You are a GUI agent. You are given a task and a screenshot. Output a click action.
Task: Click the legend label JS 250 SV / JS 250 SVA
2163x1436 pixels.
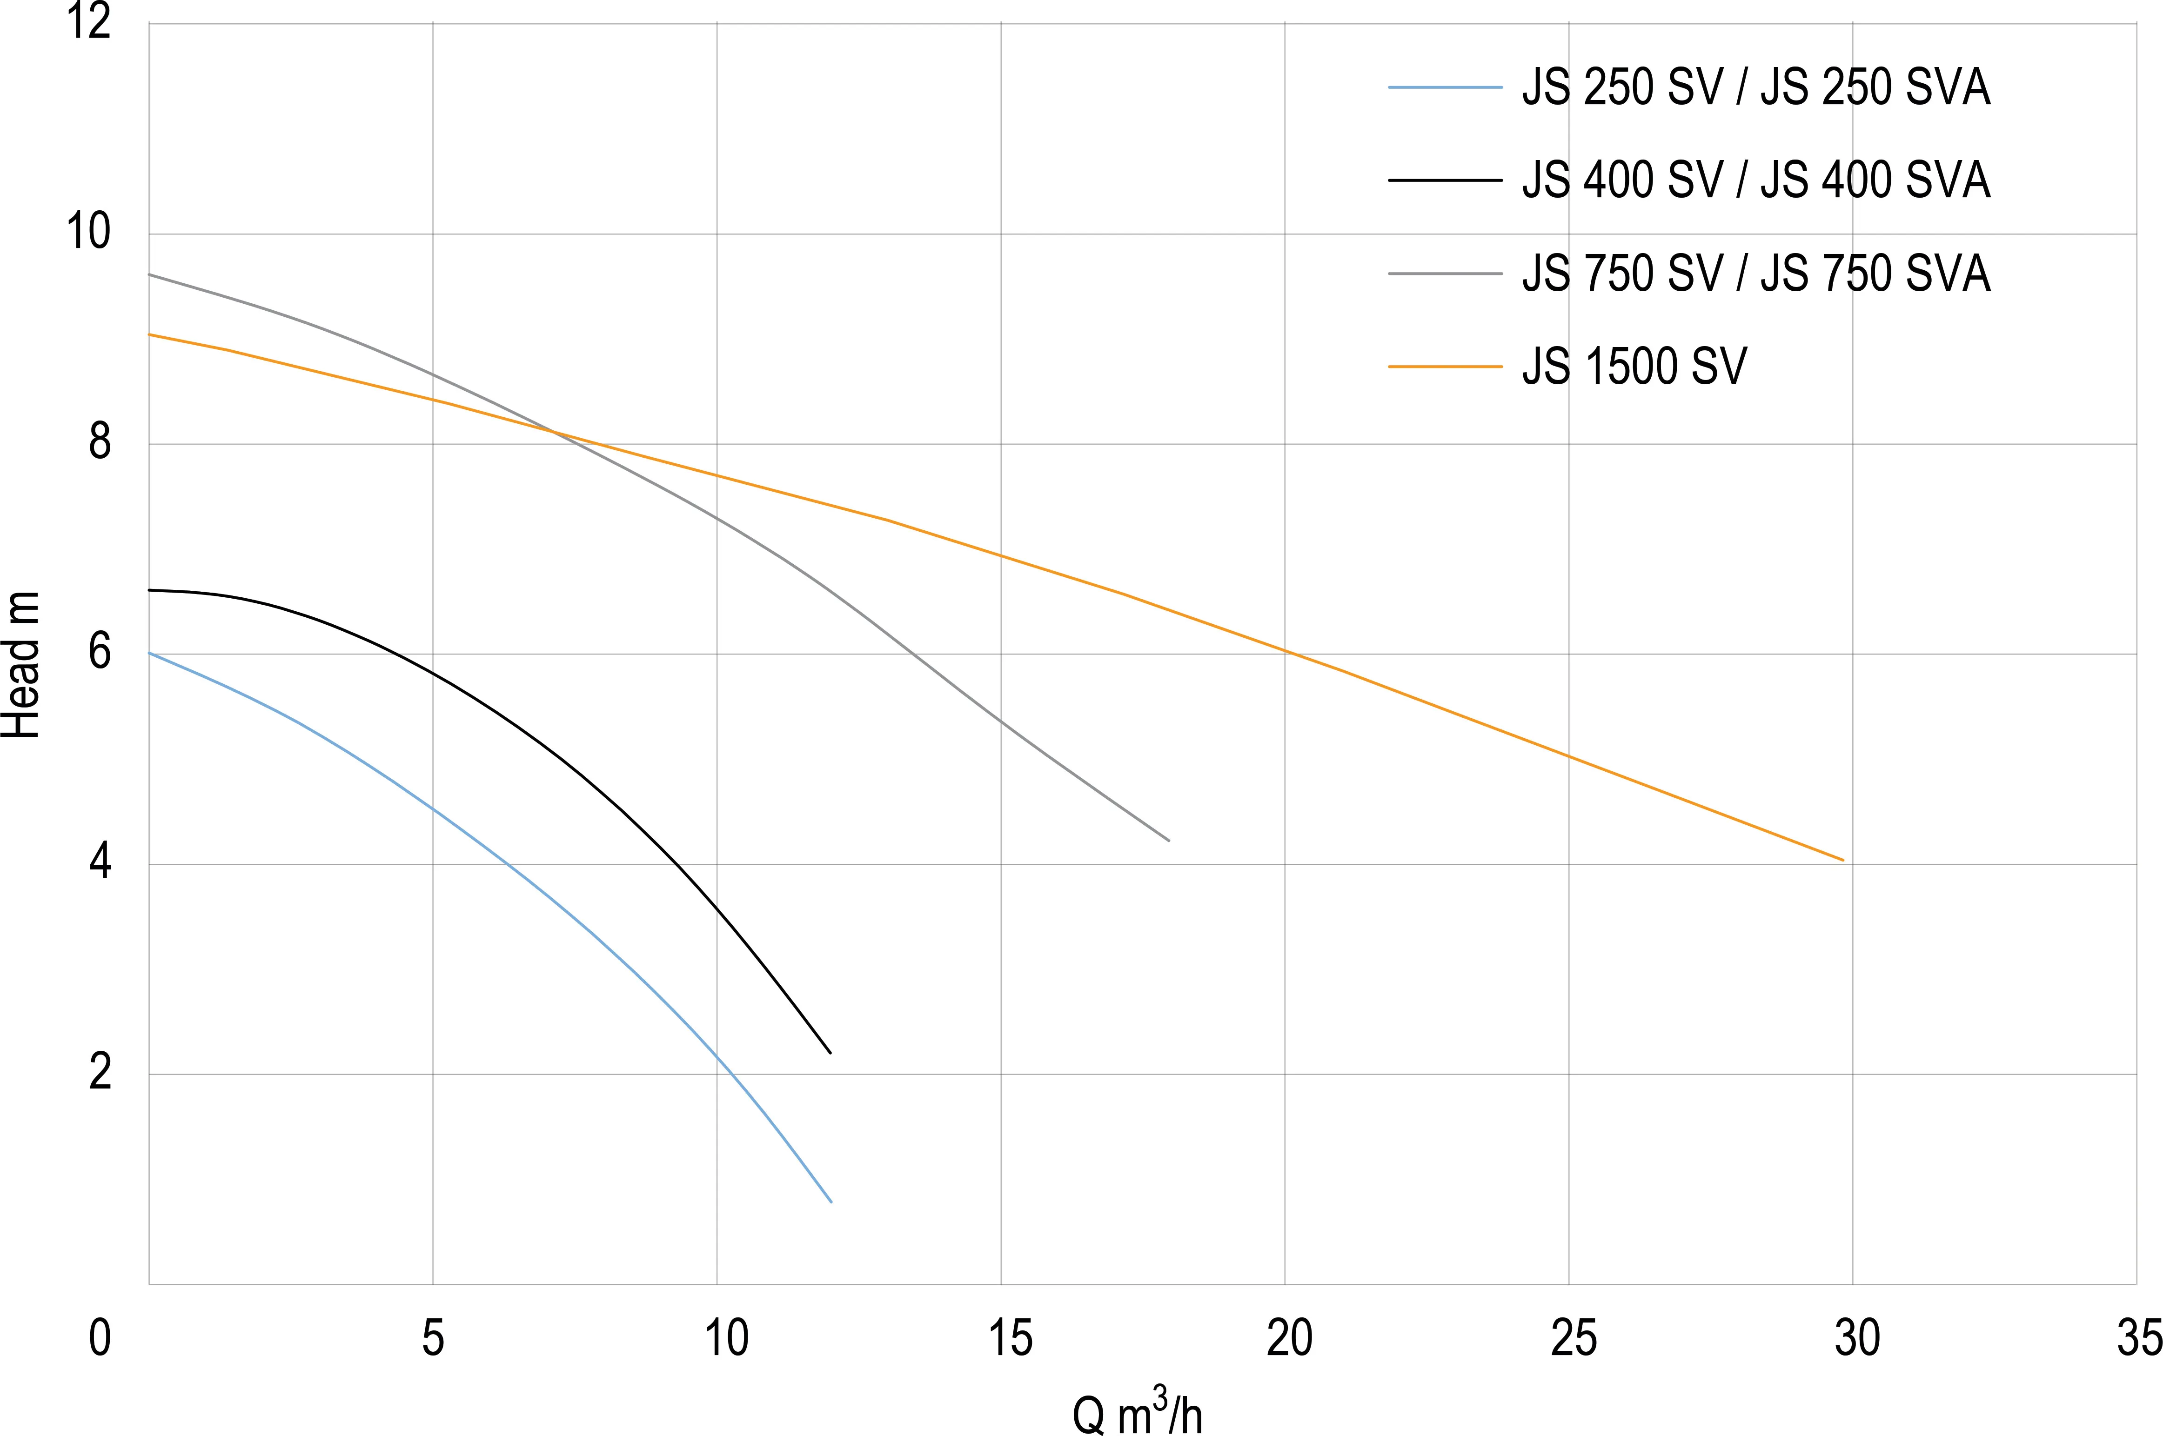tap(1755, 88)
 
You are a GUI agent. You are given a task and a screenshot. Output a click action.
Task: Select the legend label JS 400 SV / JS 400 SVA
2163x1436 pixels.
tap(1755, 180)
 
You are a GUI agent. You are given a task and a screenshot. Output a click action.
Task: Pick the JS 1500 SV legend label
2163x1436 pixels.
tap(1634, 367)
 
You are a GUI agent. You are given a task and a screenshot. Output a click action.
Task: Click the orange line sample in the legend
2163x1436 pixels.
tap(1445, 367)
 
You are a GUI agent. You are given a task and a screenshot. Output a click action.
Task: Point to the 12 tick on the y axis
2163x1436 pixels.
tap(89, 22)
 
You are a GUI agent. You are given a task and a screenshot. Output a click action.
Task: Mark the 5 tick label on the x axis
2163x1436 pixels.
tap(433, 1338)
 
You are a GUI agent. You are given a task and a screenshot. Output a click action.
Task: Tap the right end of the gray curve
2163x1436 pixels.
tap(1168, 840)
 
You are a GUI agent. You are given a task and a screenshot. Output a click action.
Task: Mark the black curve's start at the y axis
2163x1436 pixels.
tap(150, 590)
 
